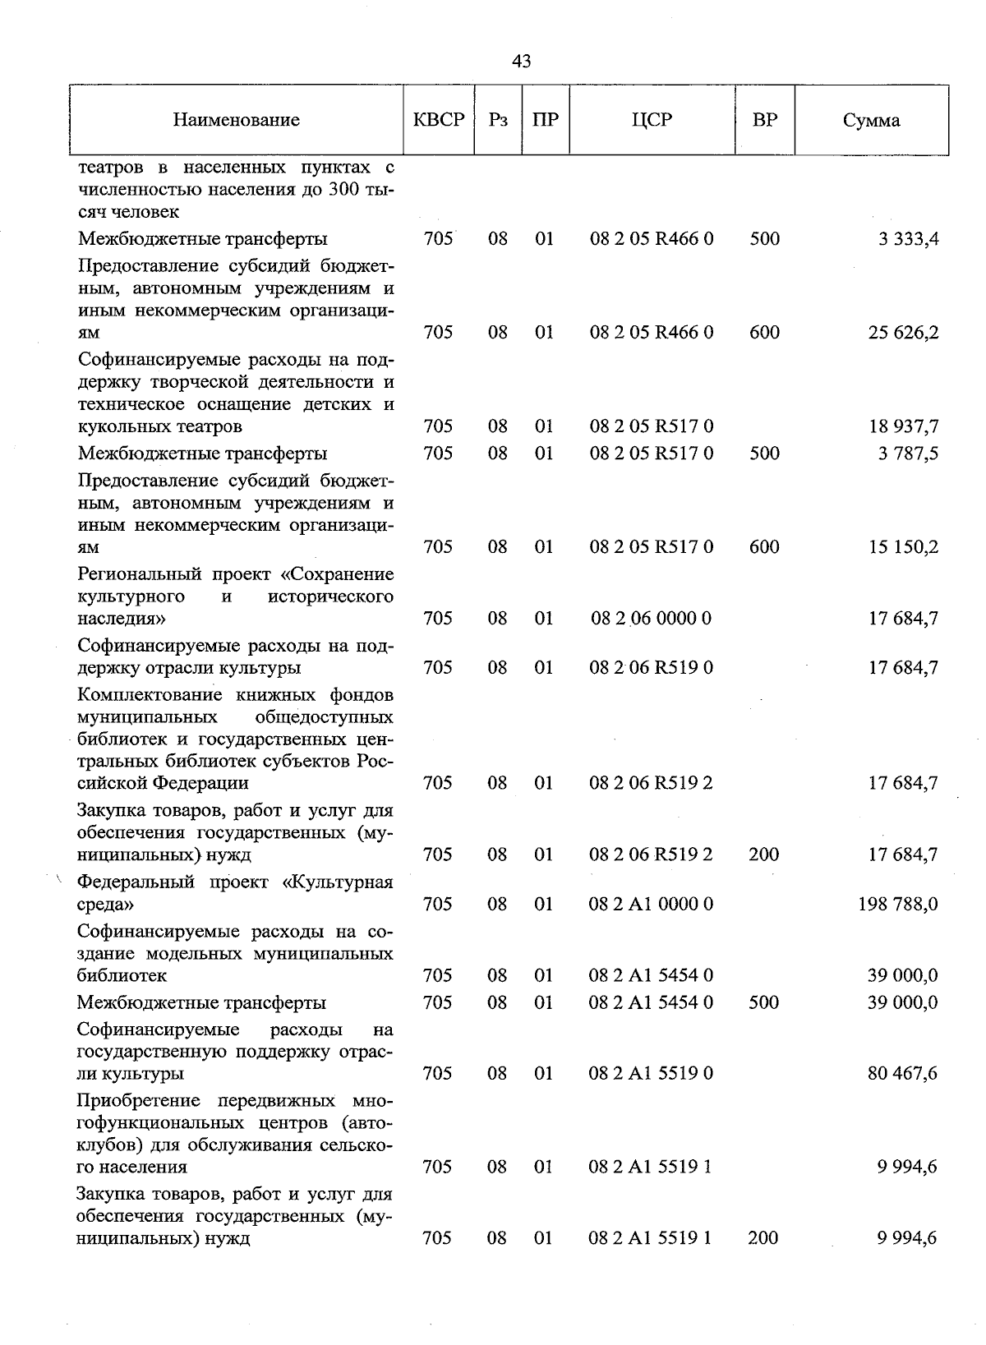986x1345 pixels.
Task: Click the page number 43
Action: tap(521, 62)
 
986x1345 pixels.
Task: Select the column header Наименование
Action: tap(236, 121)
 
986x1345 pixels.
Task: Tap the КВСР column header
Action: tap(439, 120)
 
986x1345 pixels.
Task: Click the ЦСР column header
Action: tap(652, 120)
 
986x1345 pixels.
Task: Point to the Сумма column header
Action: tap(871, 121)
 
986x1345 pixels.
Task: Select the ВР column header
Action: tap(764, 120)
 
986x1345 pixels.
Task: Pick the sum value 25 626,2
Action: tap(904, 333)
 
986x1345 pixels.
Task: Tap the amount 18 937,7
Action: tap(904, 426)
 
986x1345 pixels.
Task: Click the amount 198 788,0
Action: tap(898, 905)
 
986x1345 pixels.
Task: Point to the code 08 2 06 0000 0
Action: tap(651, 619)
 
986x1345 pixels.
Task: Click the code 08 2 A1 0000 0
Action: tap(651, 905)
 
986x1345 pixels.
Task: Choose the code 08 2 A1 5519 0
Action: tap(651, 1074)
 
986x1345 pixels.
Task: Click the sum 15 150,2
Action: tap(904, 547)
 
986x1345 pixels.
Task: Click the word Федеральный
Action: tap(136, 882)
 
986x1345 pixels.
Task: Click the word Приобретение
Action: tap(142, 1101)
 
